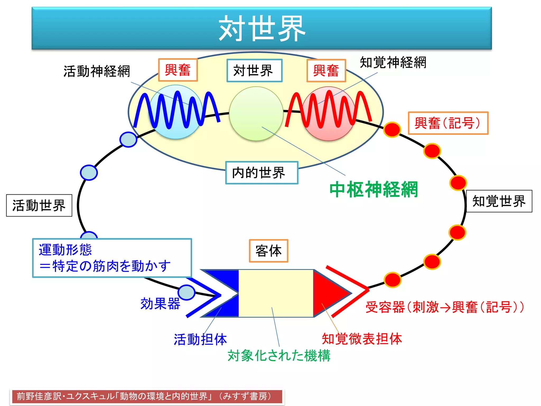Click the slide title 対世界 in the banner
[262, 28]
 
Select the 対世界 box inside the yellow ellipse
[254, 71]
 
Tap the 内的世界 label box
[262, 173]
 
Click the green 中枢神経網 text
[374, 190]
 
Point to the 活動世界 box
[39, 205]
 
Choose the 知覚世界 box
[499, 201]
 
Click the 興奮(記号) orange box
[448, 123]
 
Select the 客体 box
[268, 251]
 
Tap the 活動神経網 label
[97, 71]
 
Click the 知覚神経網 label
[393, 63]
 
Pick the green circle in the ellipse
[256, 114]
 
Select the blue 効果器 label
[160, 303]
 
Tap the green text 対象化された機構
[279, 355]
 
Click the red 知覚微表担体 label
[362, 339]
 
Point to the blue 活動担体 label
[200, 339]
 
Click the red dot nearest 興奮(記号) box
[392, 130]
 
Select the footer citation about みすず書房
[147, 396]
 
